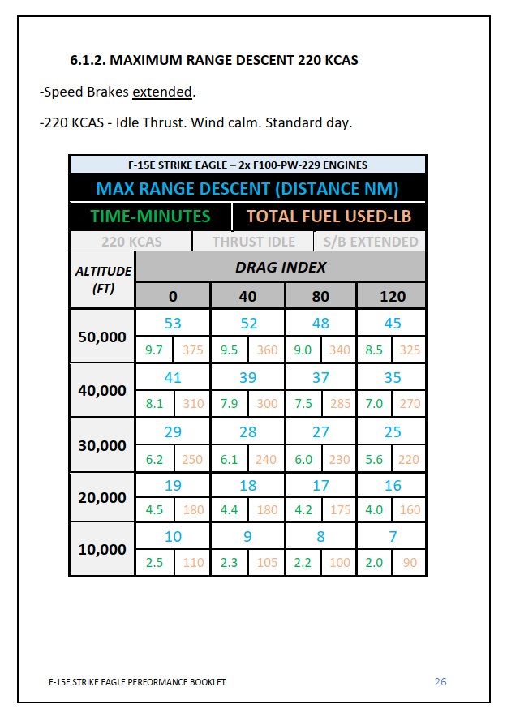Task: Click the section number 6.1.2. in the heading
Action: click(x=88, y=61)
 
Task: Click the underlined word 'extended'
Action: click(x=162, y=92)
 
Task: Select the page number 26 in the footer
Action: click(x=440, y=681)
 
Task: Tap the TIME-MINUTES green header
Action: click(x=150, y=217)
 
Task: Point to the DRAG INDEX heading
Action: click(x=281, y=267)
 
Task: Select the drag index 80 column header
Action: click(x=321, y=296)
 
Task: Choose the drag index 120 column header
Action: click(x=393, y=296)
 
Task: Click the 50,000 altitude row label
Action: click(x=102, y=337)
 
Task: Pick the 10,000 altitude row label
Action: click(x=102, y=549)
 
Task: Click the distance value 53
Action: click(x=173, y=324)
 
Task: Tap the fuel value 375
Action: click(x=193, y=350)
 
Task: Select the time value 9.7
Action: click(x=154, y=350)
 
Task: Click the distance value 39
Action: click(x=247, y=377)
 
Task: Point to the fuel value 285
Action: click(x=340, y=403)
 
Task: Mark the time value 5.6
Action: click(x=374, y=459)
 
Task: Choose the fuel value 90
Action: click(x=410, y=562)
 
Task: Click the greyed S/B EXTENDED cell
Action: click(x=371, y=242)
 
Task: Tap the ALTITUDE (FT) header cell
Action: click(x=103, y=279)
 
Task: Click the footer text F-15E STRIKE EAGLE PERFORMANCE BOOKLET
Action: click(x=137, y=682)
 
